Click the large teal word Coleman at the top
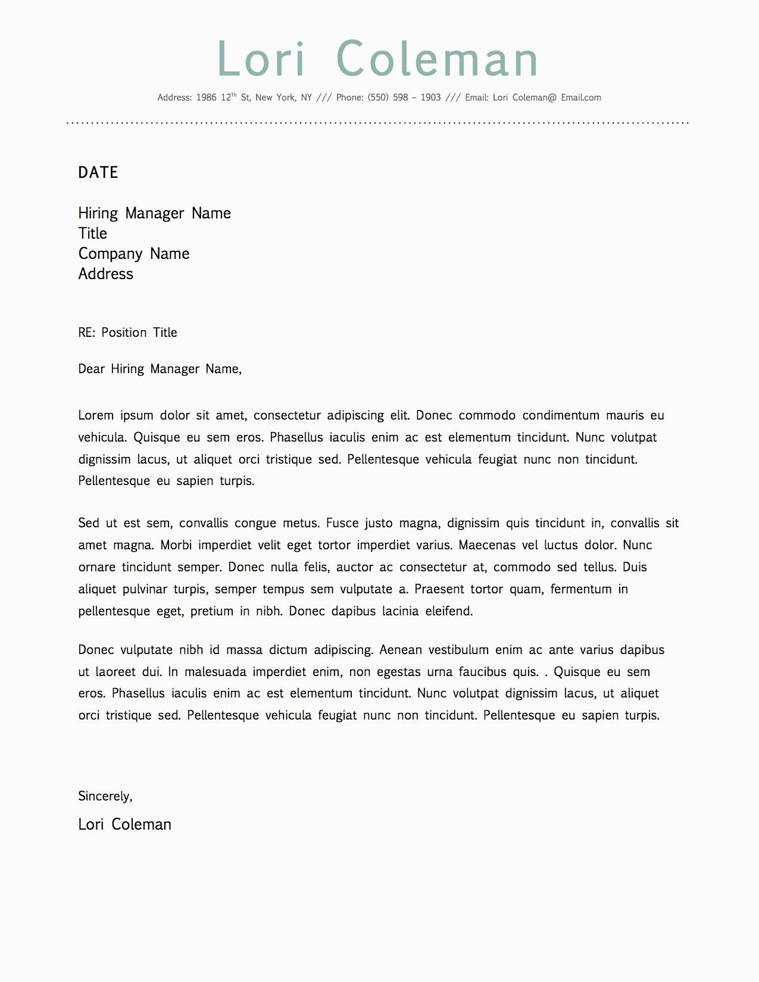click(437, 59)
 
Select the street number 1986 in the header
click(206, 98)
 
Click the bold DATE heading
click(98, 173)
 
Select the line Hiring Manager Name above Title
click(154, 213)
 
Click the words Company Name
click(133, 254)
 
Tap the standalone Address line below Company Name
click(105, 274)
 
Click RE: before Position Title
click(87, 333)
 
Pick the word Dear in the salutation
click(91, 369)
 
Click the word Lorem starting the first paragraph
click(95, 415)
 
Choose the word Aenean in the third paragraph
click(400, 650)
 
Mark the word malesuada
click(215, 672)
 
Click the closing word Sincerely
click(105, 796)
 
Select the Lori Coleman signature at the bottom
click(124, 824)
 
